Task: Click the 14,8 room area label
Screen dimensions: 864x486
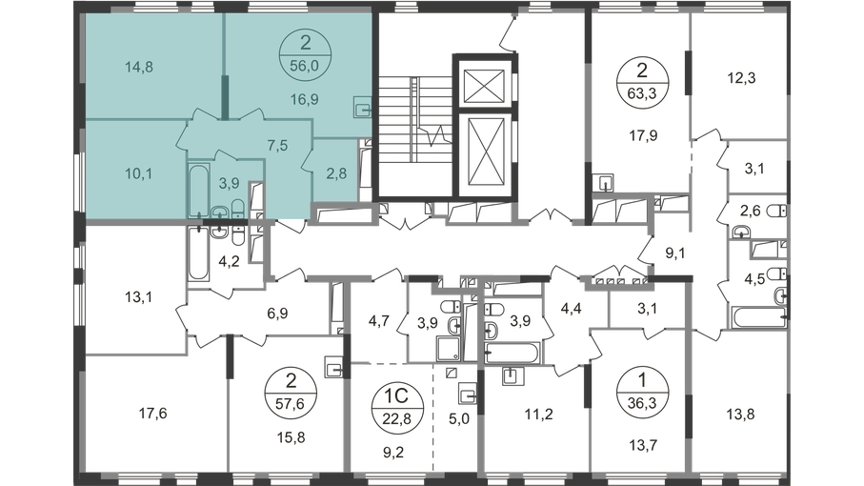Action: click(139, 68)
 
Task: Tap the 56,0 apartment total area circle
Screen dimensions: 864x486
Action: click(305, 54)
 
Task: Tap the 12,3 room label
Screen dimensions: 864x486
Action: click(741, 78)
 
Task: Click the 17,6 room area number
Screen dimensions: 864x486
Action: click(152, 414)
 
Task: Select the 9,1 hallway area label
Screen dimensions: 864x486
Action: click(675, 253)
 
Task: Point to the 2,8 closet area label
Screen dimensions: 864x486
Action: click(336, 173)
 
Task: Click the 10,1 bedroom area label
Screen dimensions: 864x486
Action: click(139, 173)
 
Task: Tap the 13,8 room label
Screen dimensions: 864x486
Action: click(740, 414)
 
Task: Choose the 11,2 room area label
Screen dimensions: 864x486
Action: click(538, 414)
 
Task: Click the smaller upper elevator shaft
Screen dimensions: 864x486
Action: click(484, 86)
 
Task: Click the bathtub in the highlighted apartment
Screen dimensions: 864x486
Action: click(198, 189)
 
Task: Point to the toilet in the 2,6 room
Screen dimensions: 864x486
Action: click(776, 211)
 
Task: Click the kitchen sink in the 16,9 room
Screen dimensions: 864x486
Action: click(362, 107)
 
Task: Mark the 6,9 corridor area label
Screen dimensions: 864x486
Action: click(277, 314)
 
